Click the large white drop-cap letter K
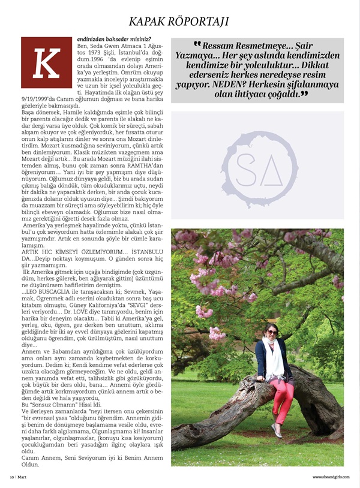(46, 64)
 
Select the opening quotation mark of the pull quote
(197, 44)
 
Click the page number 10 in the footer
(11, 477)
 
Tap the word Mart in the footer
(22, 477)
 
